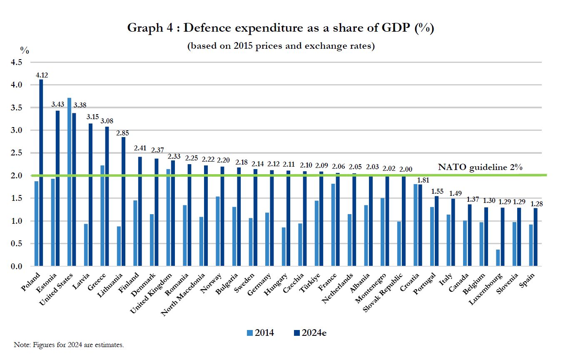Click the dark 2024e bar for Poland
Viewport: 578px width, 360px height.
click(41, 172)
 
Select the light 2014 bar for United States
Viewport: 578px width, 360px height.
click(70, 182)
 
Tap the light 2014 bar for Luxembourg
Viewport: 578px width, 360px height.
click(498, 257)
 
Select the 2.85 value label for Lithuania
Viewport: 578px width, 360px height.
click(123, 133)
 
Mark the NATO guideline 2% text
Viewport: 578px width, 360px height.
click(480, 167)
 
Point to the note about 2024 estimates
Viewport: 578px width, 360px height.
click(69, 345)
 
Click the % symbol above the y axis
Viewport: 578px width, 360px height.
click(25, 50)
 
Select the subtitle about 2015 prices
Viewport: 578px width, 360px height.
click(281, 46)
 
